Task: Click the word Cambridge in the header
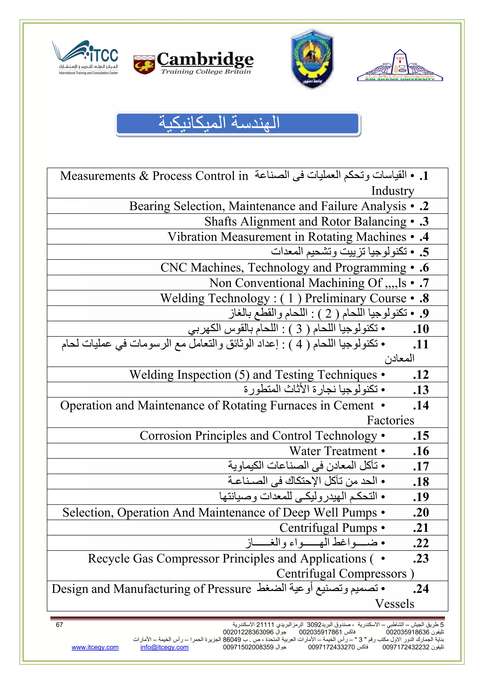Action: (x=205, y=59)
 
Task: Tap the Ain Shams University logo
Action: (x=400, y=66)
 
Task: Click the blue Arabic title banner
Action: (x=238, y=123)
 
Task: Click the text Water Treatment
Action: (x=333, y=451)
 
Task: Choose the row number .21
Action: (x=421, y=528)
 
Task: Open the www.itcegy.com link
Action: (x=95, y=647)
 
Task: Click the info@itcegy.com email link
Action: (x=164, y=647)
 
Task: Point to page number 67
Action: (x=59, y=625)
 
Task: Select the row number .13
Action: (x=421, y=390)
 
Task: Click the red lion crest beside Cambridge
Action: (x=144, y=65)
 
